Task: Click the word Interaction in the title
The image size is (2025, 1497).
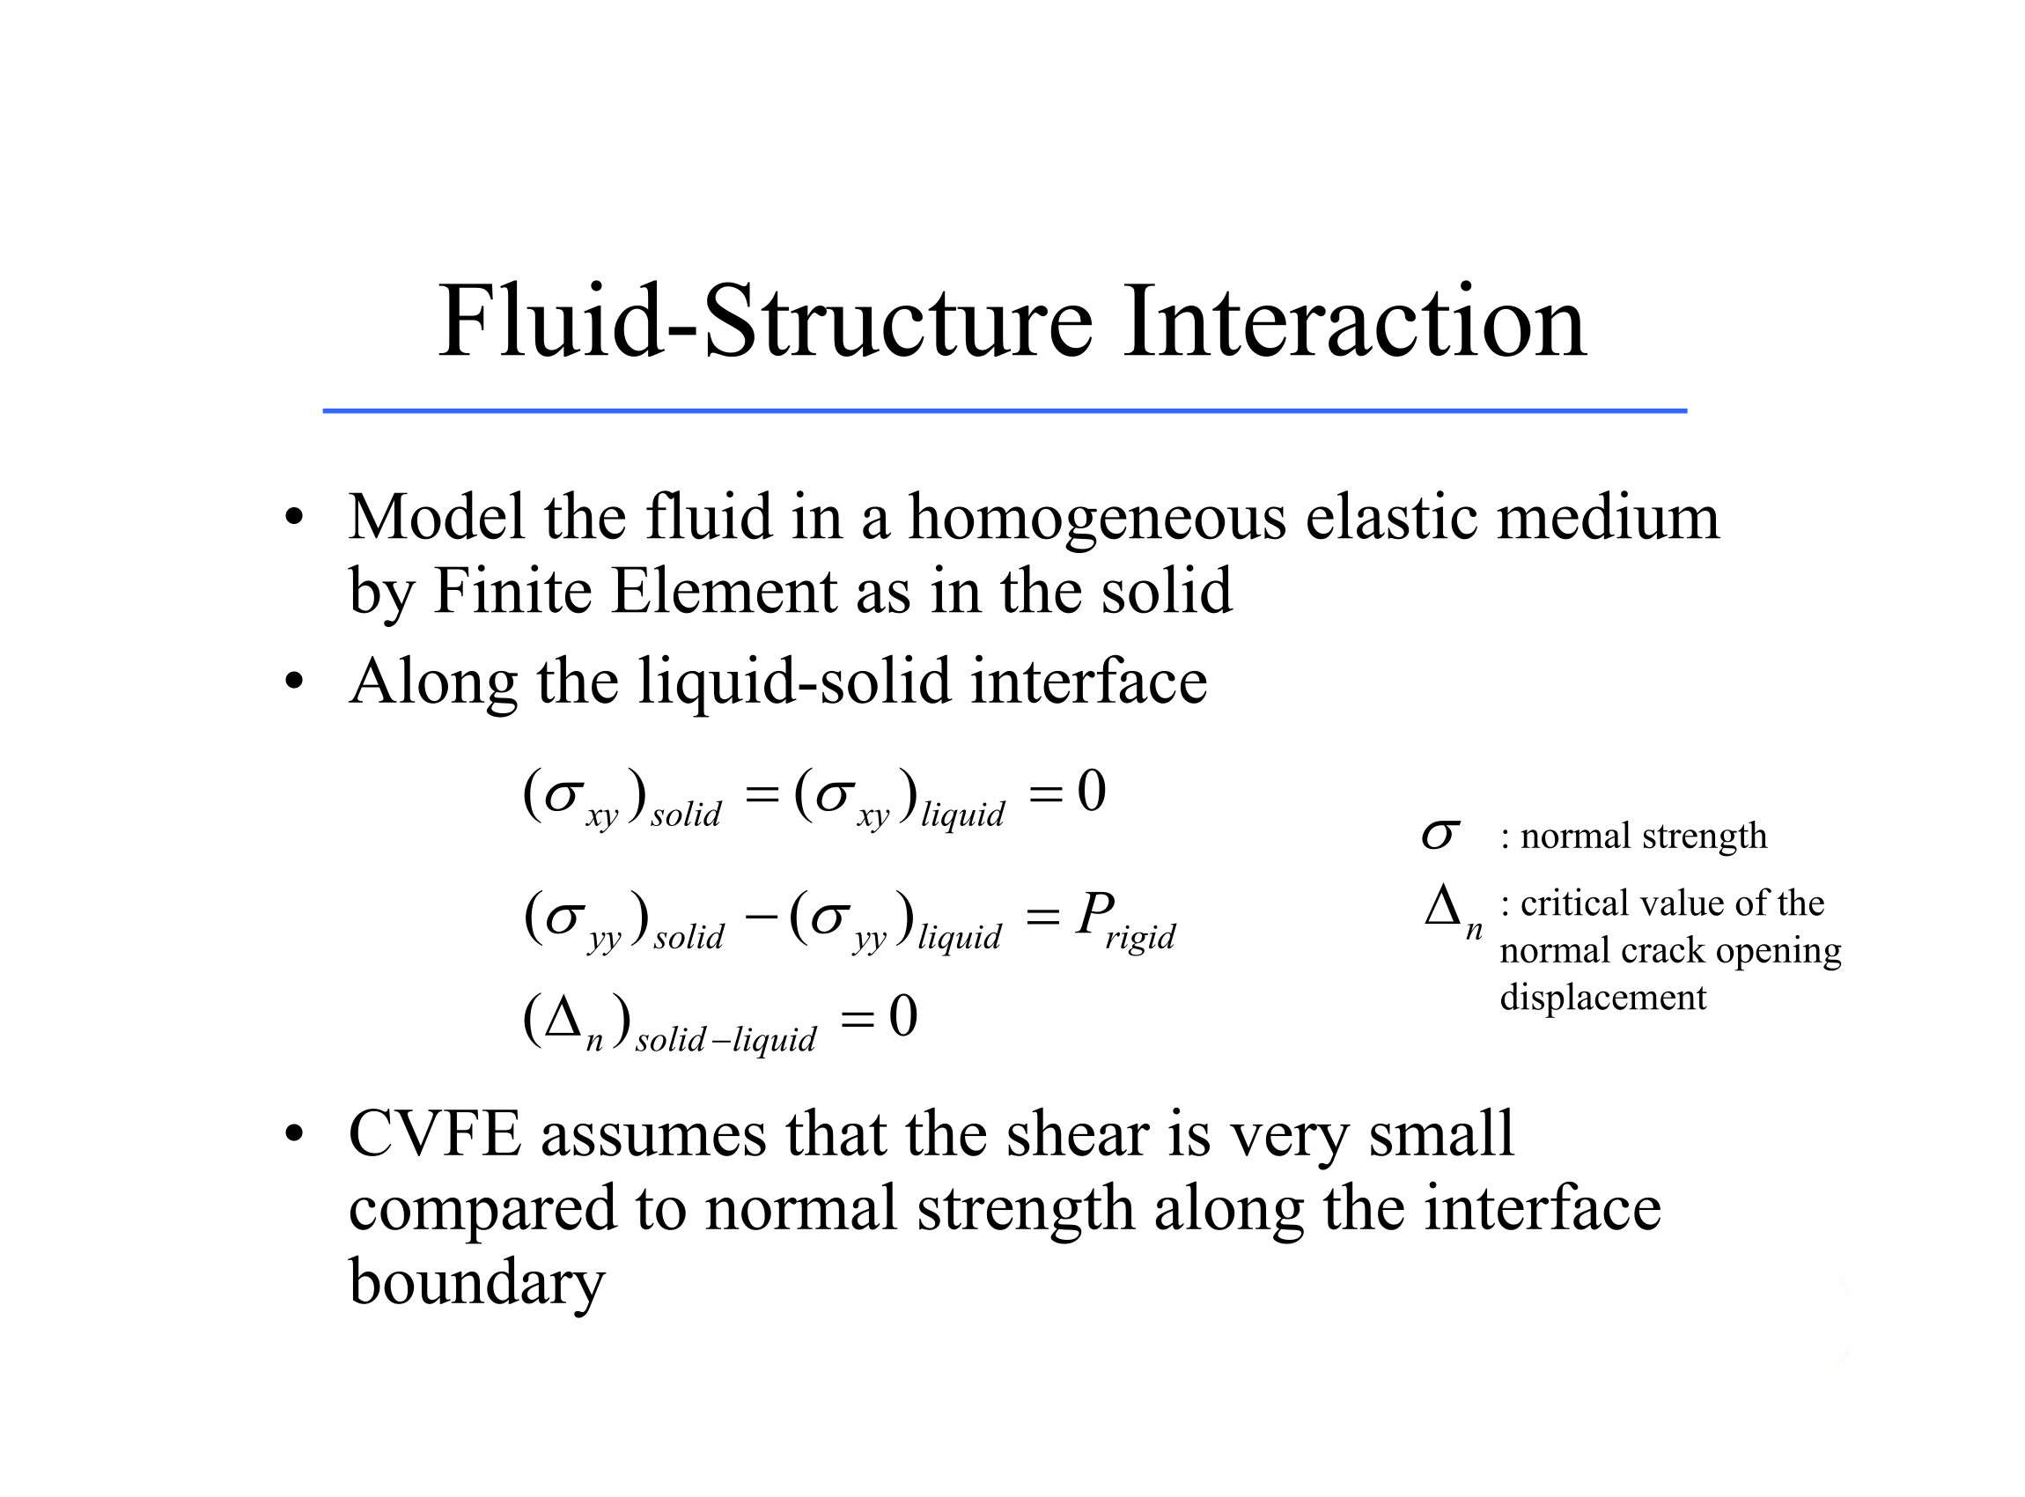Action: click(1353, 321)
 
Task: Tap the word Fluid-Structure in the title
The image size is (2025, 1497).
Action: click(766, 321)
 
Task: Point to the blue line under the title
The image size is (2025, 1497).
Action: click(1004, 411)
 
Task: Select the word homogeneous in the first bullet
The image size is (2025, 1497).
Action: click(1096, 518)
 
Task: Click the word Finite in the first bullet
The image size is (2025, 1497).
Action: click(512, 592)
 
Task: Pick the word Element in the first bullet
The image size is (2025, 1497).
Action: click(723, 592)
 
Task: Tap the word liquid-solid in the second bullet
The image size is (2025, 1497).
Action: click(795, 682)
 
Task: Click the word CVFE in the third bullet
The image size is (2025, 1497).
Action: click(435, 1133)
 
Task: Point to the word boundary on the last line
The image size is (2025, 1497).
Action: click(476, 1283)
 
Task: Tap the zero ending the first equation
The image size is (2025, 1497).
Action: click(1091, 791)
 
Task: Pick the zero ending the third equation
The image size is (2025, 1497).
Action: click(903, 1016)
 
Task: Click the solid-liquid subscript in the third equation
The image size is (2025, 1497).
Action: click(725, 1039)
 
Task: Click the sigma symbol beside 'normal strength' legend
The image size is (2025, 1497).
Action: click(1440, 835)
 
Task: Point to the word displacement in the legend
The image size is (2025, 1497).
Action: click(1602, 998)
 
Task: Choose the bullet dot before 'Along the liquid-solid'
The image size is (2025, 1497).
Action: click(292, 682)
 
